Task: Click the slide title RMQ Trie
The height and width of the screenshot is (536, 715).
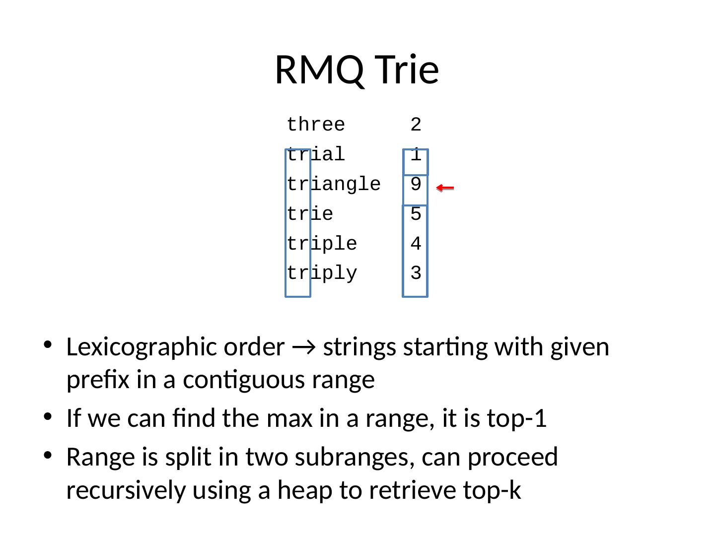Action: coord(357,69)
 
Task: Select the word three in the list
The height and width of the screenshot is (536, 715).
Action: coord(316,125)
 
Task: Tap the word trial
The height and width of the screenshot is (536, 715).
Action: coord(316,155)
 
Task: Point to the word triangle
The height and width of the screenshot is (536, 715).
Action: coord(334,185)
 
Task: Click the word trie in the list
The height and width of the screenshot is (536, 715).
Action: coord(310,214)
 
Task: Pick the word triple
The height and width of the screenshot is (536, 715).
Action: coord(322,244)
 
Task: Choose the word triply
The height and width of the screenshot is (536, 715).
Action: coord(322,274)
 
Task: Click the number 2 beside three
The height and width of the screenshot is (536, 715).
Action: coord(416,125)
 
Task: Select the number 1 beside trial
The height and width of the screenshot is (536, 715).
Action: coord(416,155)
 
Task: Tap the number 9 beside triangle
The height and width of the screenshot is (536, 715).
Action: coord(416,185)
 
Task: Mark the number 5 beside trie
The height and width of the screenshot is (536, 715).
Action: coord(416,214)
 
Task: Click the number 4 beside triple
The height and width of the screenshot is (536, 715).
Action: coord(416,244)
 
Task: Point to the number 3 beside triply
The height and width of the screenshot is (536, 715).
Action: coord(416,274)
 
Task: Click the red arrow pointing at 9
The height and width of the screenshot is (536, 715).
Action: coord(445,188)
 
